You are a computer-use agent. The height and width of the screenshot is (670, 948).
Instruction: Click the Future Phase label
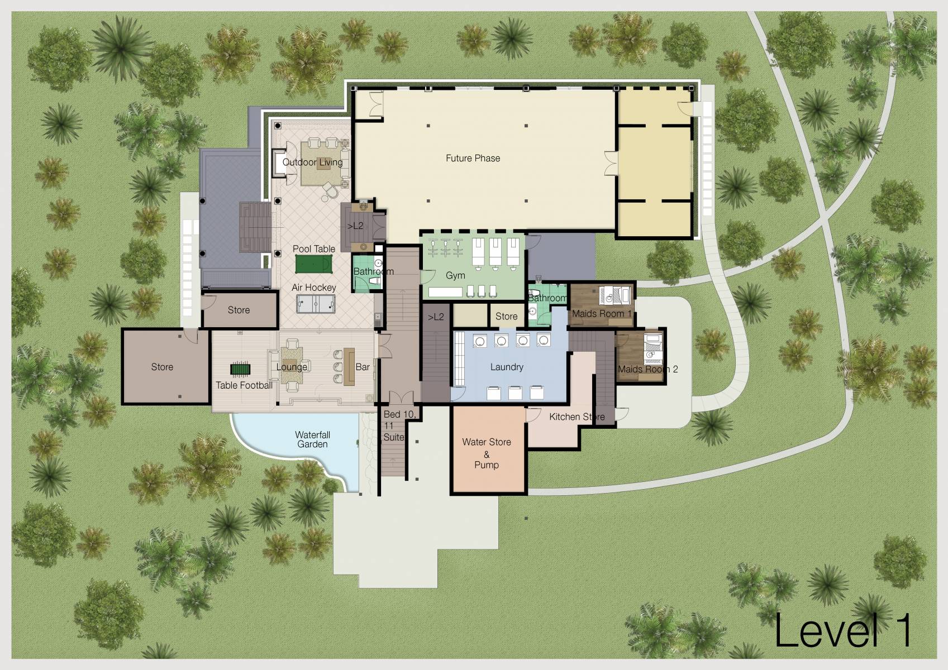473,159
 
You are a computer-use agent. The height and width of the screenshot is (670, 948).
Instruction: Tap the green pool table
313,264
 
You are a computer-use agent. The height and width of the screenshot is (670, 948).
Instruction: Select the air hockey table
316,304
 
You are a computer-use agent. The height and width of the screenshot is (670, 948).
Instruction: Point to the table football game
241,369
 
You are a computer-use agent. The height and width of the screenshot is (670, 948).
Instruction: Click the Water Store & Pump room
487,452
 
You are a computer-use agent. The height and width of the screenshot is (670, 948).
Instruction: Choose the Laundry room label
507,367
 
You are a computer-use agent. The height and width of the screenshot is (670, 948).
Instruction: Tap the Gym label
455,275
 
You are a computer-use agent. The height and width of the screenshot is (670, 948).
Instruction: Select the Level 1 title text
842,631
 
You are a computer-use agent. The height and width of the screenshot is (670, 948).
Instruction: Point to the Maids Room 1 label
601,314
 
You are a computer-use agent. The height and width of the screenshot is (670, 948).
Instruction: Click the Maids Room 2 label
647,369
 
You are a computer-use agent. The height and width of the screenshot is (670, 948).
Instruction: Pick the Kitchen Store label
577,417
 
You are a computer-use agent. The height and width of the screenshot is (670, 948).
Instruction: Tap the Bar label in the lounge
363,367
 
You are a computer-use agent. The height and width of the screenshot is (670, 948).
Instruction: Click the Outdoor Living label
312,162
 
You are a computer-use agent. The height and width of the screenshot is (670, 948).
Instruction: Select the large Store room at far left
162,367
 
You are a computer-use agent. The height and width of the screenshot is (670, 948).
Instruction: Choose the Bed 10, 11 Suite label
398,425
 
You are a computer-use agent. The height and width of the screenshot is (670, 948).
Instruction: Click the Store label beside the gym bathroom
506,316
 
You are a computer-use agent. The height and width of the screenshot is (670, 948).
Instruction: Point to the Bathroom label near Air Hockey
373,271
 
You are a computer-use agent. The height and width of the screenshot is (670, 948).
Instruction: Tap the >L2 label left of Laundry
436,317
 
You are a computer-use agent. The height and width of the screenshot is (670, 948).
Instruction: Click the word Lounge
292,367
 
